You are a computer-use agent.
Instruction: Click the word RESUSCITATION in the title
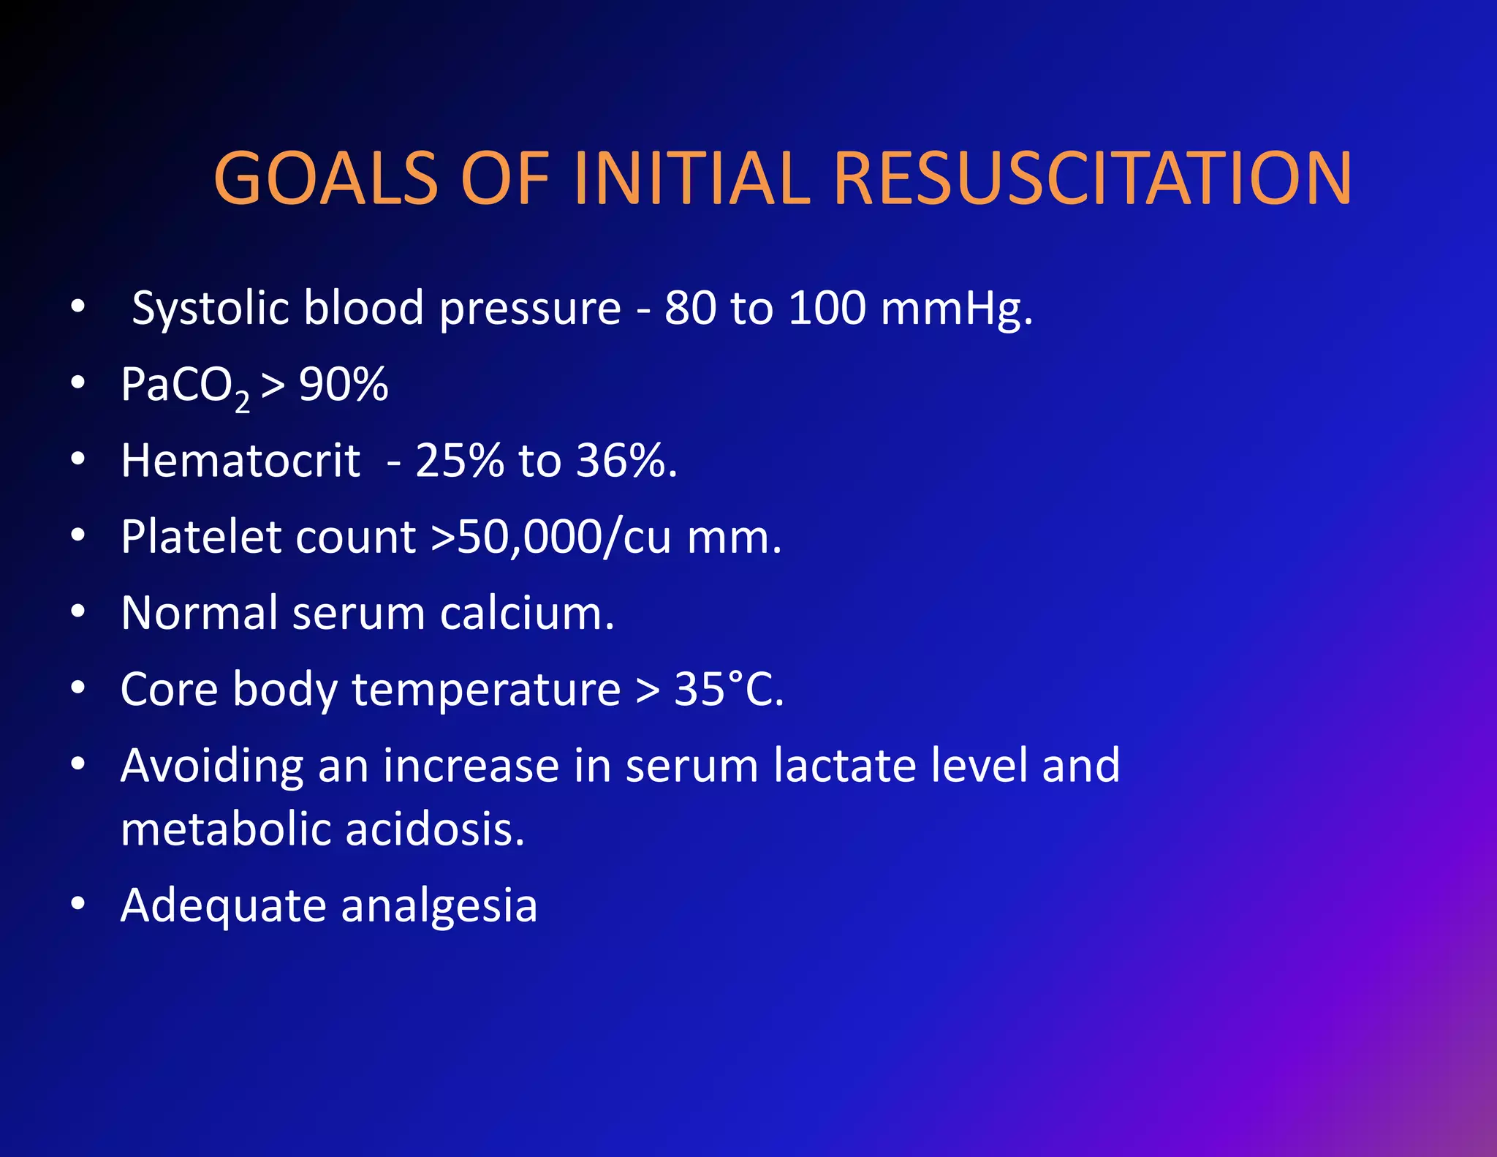(1092, 178)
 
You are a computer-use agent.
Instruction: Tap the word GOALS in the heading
(325, 178)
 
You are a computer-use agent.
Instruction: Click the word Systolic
(211, 308)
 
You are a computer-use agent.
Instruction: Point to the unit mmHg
(956, 308)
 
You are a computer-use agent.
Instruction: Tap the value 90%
(344, 384)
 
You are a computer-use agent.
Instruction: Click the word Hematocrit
(240, 461)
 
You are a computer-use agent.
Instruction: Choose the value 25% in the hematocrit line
(459, 461)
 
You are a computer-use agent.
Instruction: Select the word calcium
(526, 613)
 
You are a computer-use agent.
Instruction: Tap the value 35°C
(728, 689)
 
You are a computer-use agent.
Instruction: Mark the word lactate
(845, 766)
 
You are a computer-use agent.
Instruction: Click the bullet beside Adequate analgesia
(78, 904)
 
